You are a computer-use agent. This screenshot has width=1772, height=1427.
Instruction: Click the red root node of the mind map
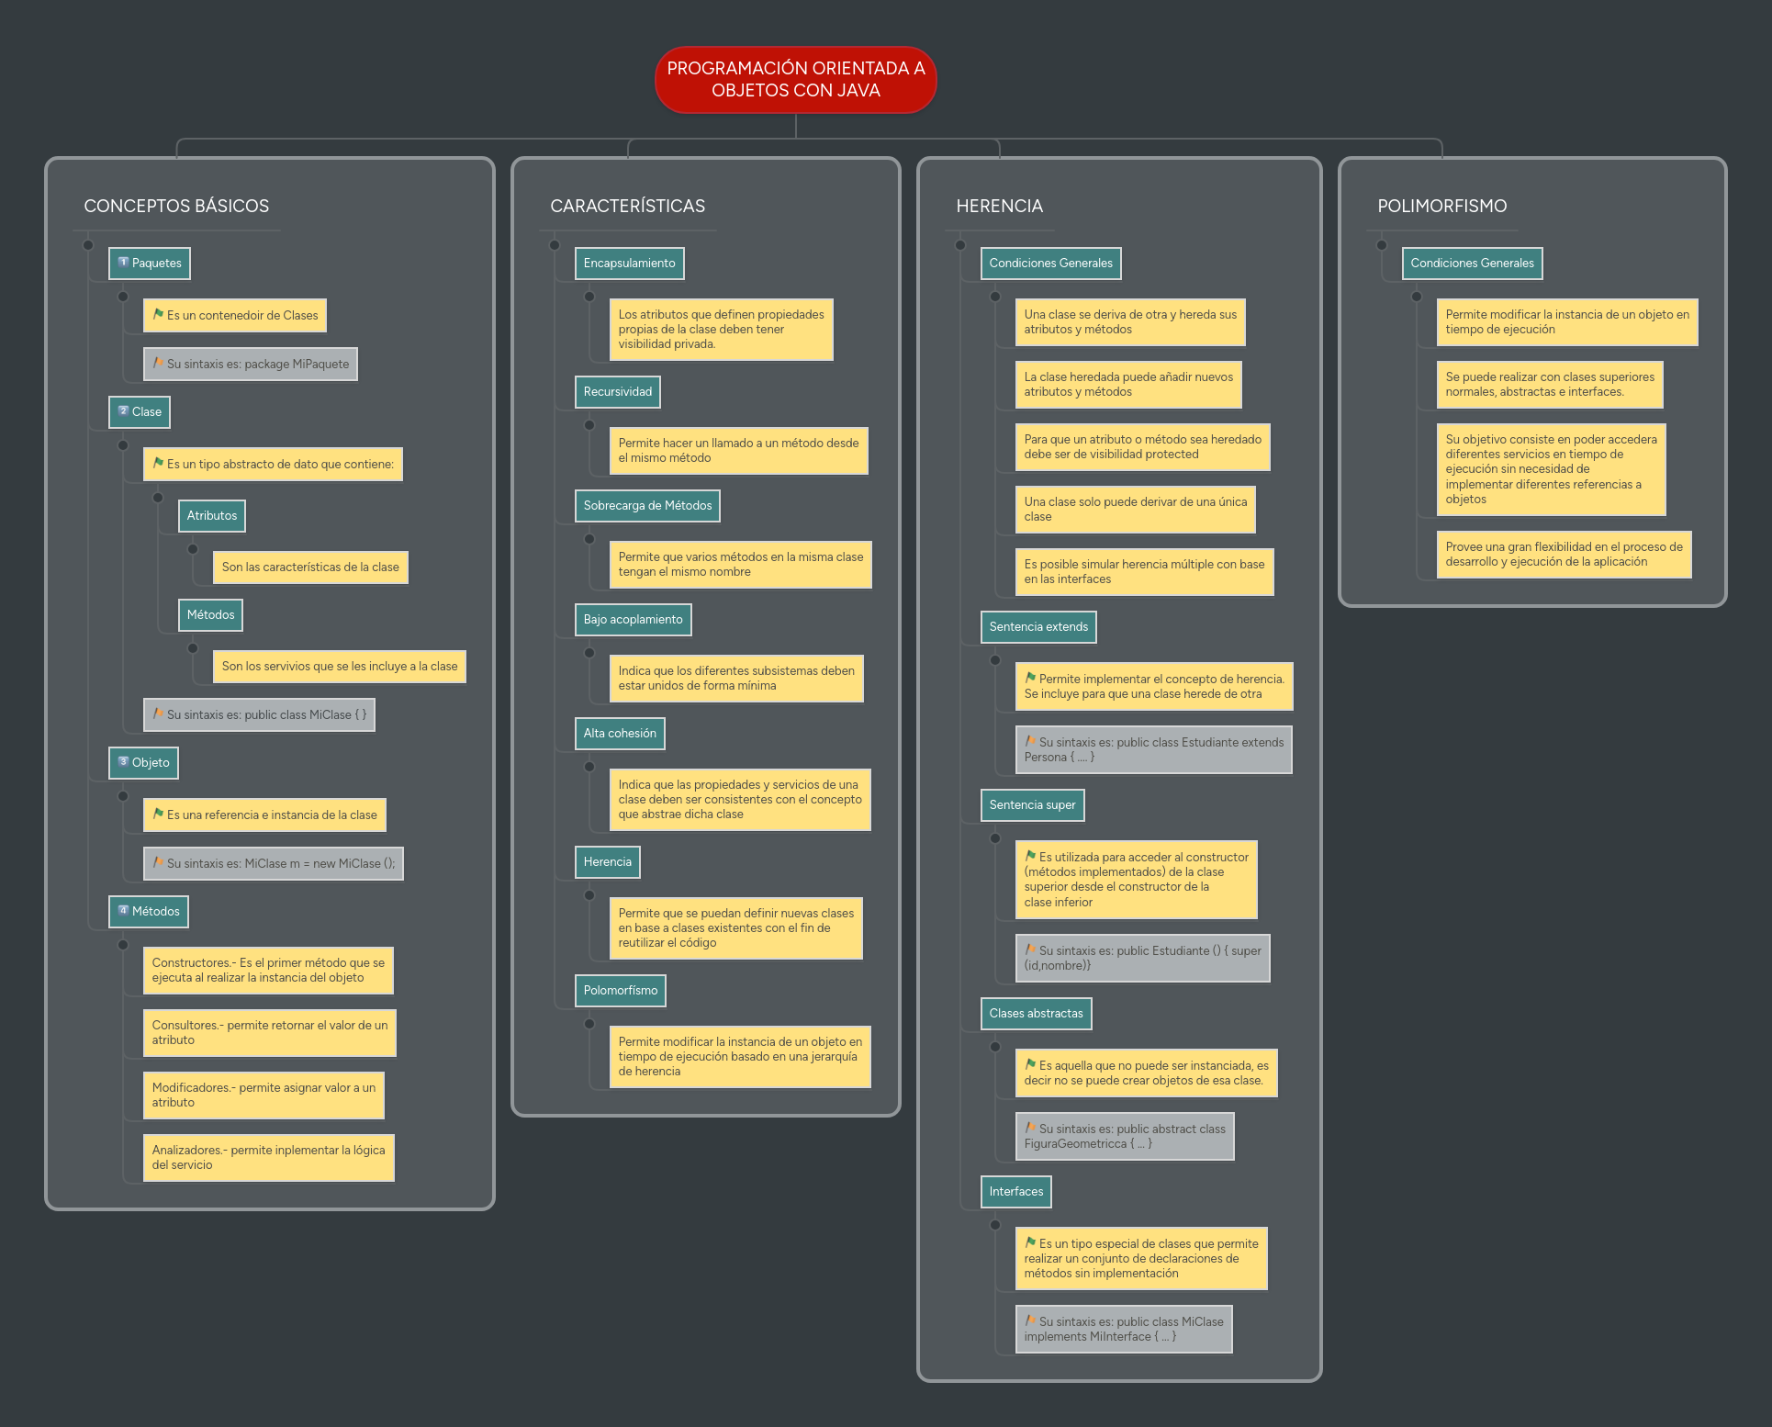pos(795,80)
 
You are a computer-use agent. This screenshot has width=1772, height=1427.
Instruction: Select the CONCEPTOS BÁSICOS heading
pos(176,206)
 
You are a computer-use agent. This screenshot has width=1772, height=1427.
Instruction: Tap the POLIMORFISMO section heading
pos(1441,206)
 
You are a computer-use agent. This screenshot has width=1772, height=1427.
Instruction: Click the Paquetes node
pos(150,264)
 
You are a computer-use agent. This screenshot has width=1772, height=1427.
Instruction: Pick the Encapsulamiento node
pos(629,264)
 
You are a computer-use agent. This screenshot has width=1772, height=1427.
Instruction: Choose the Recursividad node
pos(617,392)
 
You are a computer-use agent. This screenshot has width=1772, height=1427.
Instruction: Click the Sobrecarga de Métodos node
pos(647,506)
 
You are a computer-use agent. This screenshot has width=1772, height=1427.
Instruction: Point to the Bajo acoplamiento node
pos(633,620)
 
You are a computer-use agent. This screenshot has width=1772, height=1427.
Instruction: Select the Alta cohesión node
pos(620,734)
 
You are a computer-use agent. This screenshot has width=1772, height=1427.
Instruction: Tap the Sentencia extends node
pos(1037,627)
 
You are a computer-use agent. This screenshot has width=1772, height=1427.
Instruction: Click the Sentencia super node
pos(1032,805)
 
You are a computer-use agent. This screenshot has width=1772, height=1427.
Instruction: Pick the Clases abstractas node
pos(1036,1014)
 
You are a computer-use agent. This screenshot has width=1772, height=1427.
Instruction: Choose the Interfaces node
pos(1015,1192)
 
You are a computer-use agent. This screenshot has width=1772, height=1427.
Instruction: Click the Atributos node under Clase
pos(212,516)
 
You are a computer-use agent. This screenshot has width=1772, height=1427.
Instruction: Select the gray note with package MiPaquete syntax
pos(251,365)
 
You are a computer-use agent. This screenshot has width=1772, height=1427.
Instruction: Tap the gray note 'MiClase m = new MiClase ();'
pos(274,864)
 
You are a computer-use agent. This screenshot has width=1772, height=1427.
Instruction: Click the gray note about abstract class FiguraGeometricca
pos(1124,1137)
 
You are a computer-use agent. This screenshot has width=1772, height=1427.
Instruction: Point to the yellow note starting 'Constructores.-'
pos(268,971)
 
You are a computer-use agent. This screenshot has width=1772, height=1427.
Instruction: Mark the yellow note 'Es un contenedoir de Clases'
pos(235,316)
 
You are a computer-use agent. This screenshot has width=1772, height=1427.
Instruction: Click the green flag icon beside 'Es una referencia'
pos(158,814)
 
